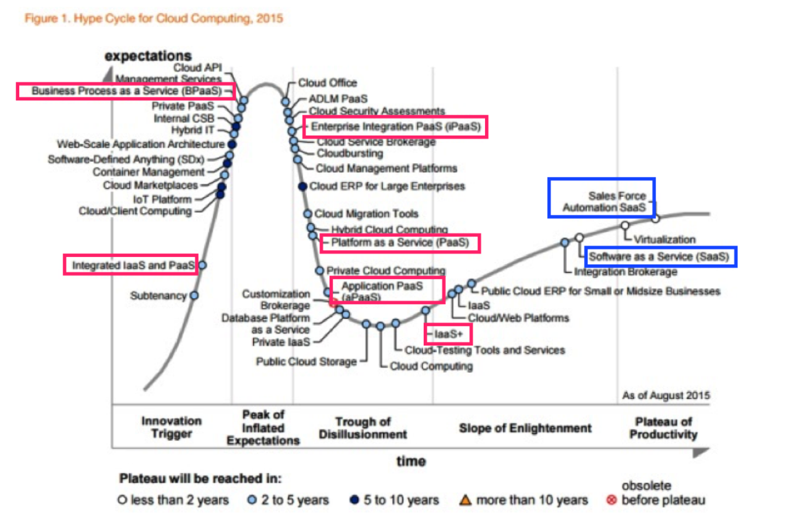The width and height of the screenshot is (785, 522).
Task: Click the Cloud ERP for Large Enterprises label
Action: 387,186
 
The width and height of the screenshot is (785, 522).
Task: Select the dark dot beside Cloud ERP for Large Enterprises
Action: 302,186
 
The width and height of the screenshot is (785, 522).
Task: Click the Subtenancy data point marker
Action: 194,296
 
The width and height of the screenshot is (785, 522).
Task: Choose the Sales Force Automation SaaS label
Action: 601,202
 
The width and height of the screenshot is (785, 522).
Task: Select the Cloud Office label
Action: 327,83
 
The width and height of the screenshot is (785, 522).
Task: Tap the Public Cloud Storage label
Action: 306,362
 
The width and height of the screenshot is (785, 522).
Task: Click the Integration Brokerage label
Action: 625,271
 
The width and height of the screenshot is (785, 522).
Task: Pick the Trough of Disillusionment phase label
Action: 363,428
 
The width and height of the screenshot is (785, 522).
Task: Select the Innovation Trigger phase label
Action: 171,428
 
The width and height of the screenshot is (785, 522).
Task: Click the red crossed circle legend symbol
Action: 612,500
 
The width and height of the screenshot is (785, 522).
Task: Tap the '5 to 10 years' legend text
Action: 401,500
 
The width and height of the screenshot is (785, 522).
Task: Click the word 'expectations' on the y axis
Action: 148,56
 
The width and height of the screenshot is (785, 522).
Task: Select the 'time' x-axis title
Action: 411,461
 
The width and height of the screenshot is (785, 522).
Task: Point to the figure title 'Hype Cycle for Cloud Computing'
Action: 153,19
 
